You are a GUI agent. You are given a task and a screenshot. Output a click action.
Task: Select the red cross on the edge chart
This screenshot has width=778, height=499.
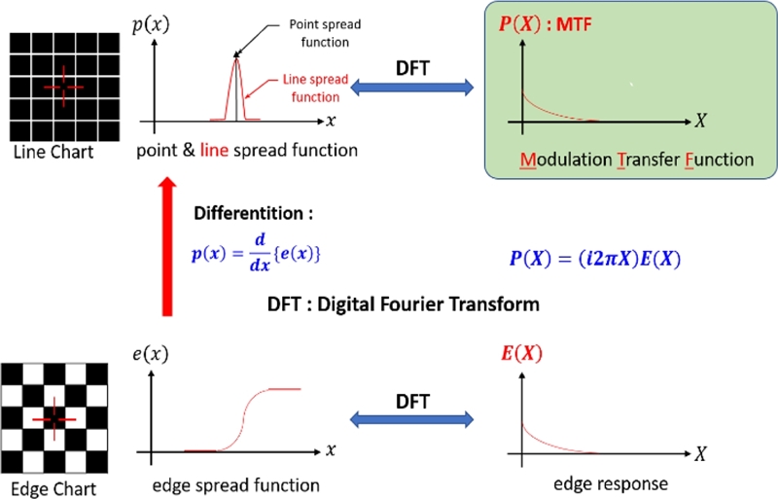tap(53, 418)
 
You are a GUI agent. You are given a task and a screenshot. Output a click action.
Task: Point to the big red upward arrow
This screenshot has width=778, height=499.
tap(167, 248)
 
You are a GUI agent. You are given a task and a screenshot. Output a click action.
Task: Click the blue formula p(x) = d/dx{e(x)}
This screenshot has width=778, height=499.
tap(257, 252)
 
